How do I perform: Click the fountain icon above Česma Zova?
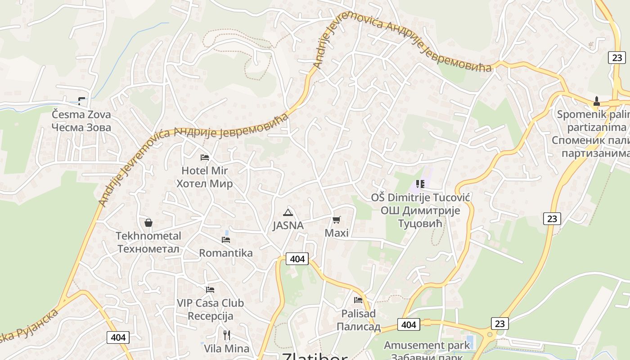point(81,101)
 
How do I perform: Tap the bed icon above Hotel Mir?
point(205,157)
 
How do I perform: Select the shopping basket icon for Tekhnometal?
point(148,223)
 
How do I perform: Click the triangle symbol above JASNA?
point(288,212)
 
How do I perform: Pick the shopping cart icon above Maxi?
point(336,220)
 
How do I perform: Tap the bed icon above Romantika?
point(226,240)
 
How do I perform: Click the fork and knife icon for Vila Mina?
point(227,335)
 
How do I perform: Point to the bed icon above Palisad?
point(358,300)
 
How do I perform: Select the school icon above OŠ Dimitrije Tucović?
point(420,184)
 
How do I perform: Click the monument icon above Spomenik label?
point(597,101)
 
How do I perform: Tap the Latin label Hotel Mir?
point(205,171)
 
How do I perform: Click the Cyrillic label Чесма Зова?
point(81,128)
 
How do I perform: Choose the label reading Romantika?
point(226,253)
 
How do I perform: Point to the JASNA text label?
point(288,226)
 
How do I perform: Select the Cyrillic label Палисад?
point(359,327)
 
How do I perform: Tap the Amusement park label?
point(427,346)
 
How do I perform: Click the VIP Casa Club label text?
point(210,303)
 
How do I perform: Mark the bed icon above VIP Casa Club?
point(210,290)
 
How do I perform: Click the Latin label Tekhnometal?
point(148,236)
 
